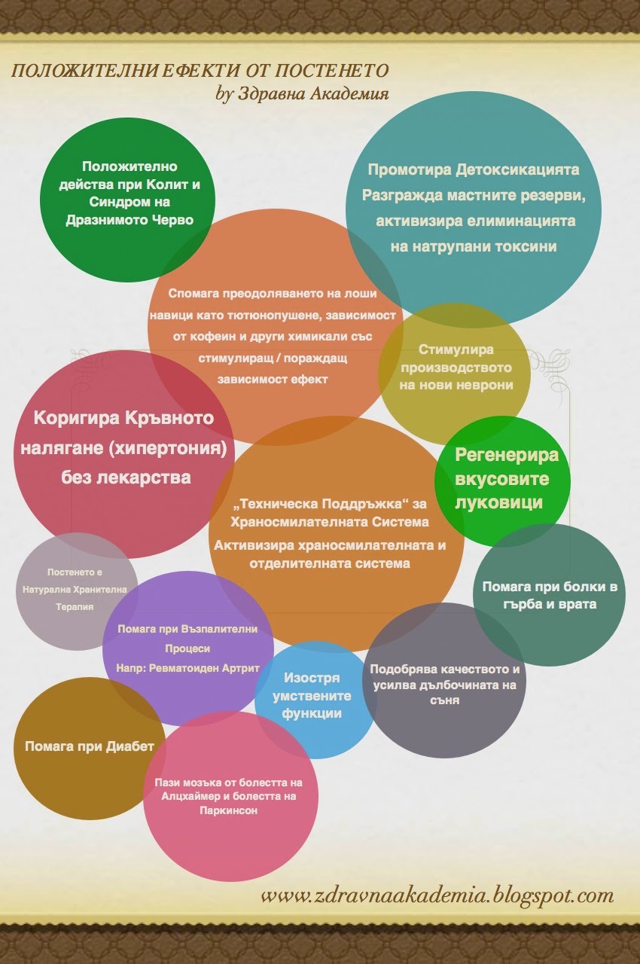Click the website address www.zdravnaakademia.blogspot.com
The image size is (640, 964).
(x=437, y=895)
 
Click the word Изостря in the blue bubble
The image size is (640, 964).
(x=312, y=678)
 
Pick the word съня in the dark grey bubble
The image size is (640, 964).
(x=445, y=700)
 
